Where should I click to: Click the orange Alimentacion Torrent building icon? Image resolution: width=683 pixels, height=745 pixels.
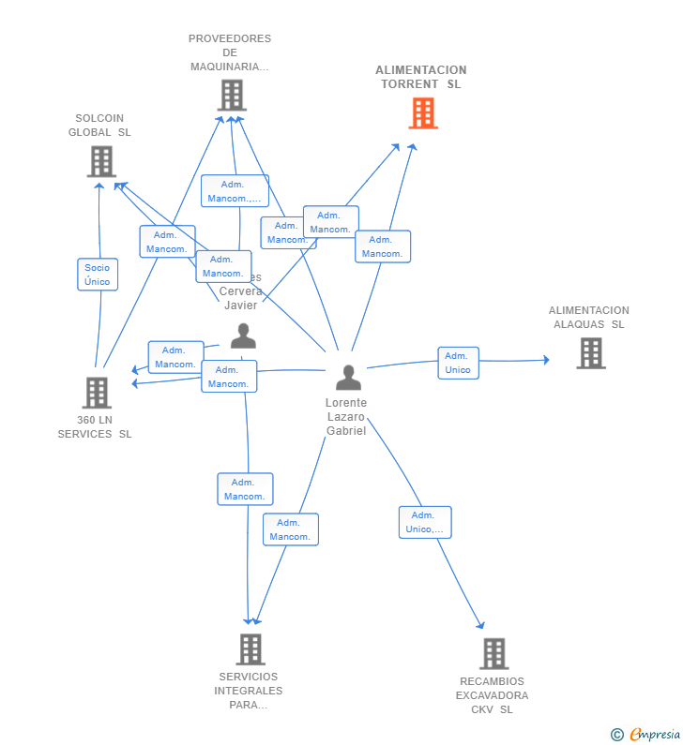[x=423, y=113]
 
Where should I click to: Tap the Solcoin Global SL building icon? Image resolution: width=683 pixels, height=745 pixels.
[x=100, y=161]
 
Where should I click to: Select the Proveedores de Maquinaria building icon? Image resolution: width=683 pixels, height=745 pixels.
[x=231, y=95]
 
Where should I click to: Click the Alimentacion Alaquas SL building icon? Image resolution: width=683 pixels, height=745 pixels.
[x=590, y=353]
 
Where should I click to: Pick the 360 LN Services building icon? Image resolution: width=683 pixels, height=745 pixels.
[x=96, y=393]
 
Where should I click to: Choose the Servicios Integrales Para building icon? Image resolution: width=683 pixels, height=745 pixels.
[x=250, y=648]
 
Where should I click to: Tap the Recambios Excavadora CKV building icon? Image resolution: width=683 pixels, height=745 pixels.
[x=493, y=653]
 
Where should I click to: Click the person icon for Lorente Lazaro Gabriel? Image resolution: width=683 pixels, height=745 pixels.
[x=348, y=378]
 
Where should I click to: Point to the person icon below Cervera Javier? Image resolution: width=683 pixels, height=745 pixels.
[x=243, y=335]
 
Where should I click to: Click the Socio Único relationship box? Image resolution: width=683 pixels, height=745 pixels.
[x=98, y=275]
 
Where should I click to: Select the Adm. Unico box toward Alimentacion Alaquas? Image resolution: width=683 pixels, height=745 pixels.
[x=458, y=363]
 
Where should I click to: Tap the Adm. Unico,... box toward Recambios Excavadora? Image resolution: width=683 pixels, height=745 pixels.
[x=425, y=522]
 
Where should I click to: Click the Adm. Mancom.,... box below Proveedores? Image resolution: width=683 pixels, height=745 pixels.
[x=235, y=191]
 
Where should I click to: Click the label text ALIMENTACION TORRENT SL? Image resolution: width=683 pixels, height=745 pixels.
[x=421, y=77]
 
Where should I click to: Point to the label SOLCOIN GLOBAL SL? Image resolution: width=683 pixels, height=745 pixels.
[x=99, y=126]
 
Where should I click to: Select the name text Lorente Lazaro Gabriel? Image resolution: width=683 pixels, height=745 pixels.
[x=346, y=416]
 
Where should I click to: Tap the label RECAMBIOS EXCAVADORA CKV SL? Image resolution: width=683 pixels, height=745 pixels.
[x=492, y=695]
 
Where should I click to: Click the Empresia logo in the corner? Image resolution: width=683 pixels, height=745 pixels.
[x=645, y=734]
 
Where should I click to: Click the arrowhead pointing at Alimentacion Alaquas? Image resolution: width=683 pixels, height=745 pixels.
[x=546, y=360]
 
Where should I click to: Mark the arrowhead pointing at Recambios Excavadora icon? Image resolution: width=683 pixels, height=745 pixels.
[x=481, y=626]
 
